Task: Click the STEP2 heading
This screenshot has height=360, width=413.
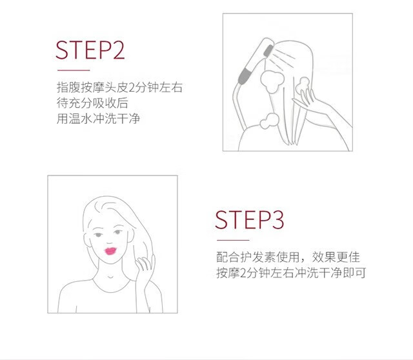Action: [x=90, y=50]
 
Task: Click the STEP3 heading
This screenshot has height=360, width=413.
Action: [x=250, y=220]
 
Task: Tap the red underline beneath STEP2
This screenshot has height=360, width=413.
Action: [x=74, y=70]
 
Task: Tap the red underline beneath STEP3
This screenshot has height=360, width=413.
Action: [x=233, y=240]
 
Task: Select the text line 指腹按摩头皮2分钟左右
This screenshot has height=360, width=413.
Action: [x=119, y=88]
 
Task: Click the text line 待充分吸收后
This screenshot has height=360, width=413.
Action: [x=92, y=103]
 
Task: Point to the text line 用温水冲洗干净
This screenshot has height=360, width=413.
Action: [x=98, y=119]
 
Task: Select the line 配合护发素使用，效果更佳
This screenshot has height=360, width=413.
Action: [x=288, y=257]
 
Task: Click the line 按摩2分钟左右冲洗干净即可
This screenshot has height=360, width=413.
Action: [x=291, y=273]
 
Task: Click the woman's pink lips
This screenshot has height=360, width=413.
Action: [x=110, y=251]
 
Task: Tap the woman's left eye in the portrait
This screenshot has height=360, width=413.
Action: [x=118, y=232]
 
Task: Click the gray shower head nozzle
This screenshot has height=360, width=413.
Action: [x=268, y=50]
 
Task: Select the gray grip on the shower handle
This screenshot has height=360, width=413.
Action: [x=245, y=75]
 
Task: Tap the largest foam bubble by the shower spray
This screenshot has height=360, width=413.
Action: [x=272, y=81]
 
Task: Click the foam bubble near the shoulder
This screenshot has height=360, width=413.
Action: [x=269, y=121]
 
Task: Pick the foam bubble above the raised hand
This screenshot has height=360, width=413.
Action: [x=303, y=85]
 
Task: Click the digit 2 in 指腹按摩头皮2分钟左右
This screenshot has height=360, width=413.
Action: [x=131, y=88]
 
